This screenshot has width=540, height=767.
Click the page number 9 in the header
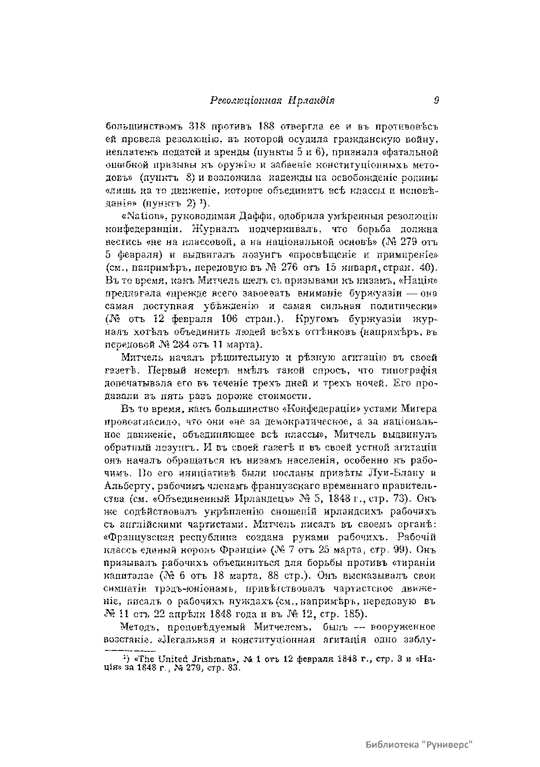click(436, 100)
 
